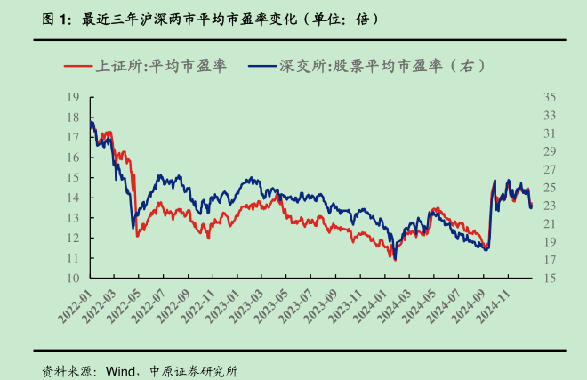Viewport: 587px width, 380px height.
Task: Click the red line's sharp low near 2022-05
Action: click(137, 236)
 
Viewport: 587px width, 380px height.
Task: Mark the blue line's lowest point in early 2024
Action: click(394, 259)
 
